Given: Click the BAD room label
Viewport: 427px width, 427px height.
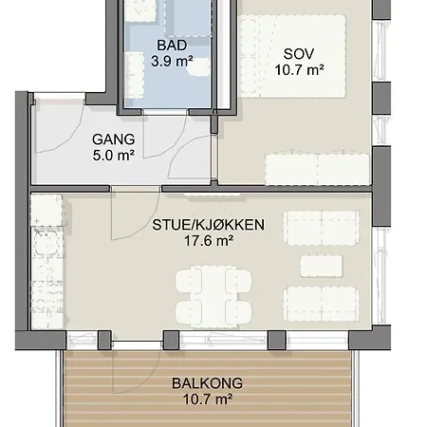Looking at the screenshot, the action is click(x=172, y=46).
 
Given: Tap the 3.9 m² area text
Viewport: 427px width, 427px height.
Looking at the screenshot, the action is click(x=172, y=61).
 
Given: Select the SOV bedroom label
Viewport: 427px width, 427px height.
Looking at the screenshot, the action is click(x=299, y=54).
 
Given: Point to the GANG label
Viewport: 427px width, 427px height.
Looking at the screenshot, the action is click(x=114, y=139).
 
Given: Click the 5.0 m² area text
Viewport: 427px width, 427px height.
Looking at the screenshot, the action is click(x=114, y=156).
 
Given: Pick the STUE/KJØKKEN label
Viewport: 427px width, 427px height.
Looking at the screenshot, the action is click(x=208, y=225).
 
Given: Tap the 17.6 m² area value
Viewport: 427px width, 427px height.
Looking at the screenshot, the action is click(x=209, y=241).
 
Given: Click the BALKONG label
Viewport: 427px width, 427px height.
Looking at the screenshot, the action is click(x=207, y=383).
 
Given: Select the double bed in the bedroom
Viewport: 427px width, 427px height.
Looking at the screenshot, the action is click(x=292, y=56).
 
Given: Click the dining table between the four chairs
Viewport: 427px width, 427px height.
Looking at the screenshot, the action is click(x=213, y=296).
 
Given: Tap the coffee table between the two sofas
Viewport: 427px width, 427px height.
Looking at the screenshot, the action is click(x=321, y=266).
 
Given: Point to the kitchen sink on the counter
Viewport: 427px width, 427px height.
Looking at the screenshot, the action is click(x=46, y=243).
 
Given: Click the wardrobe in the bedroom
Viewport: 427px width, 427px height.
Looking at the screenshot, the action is click(x=317, y=169).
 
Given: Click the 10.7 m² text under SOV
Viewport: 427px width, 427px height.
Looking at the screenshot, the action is click(x=299, y=70).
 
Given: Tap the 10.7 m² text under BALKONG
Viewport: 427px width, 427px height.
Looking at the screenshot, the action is click(x=208, y=399).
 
